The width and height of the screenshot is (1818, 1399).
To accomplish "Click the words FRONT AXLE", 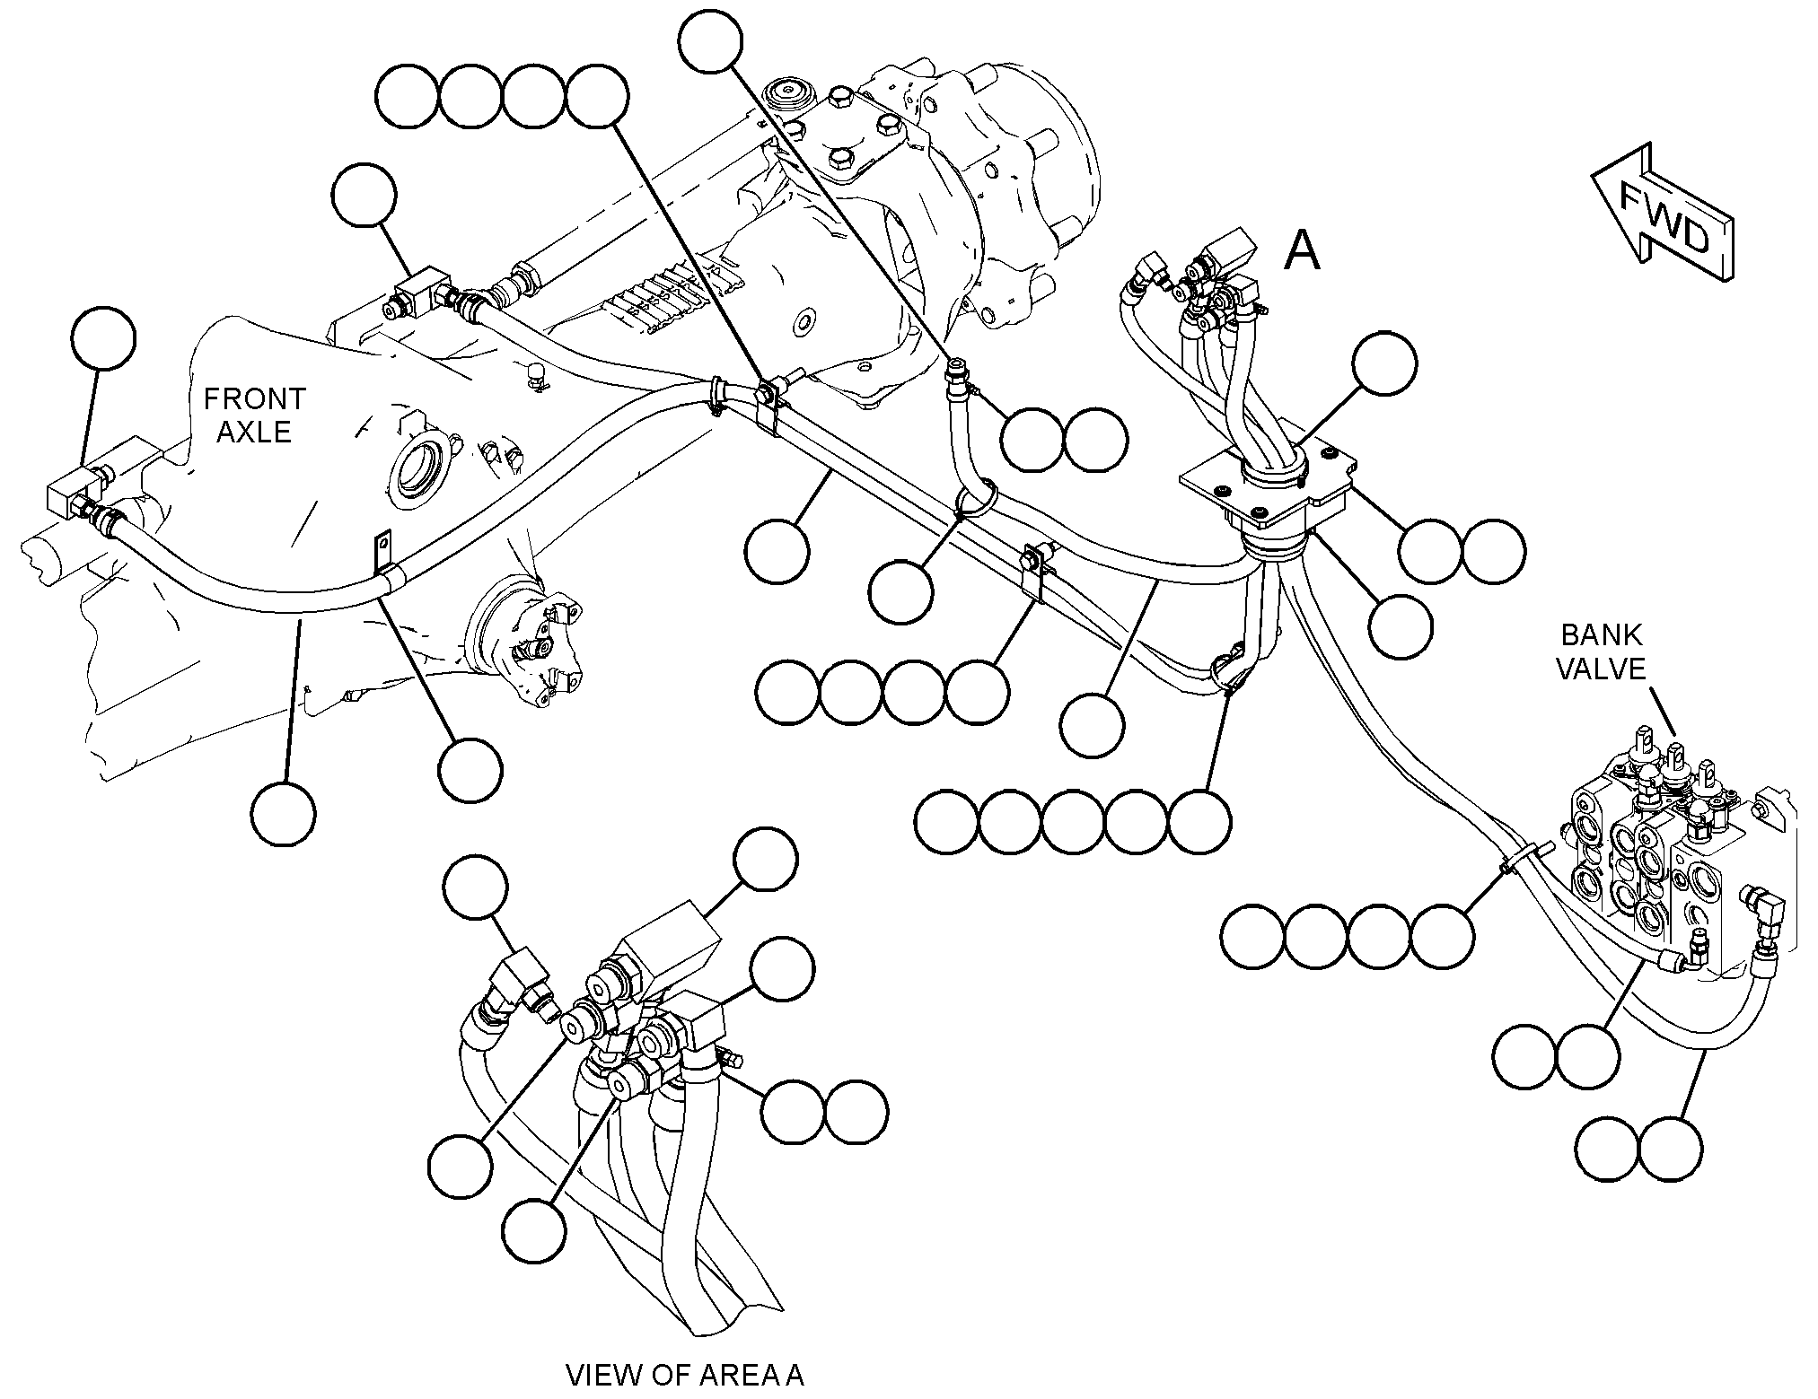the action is (x=255, y=415).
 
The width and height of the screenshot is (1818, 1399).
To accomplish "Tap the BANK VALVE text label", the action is (x=1602, y=651).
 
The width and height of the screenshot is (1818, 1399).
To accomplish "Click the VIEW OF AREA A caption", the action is (x=685, y=1375).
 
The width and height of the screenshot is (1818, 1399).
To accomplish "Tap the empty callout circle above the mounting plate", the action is (x=1384, y=363).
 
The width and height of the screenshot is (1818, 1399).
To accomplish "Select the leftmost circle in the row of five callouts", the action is (x=947, y=822).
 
